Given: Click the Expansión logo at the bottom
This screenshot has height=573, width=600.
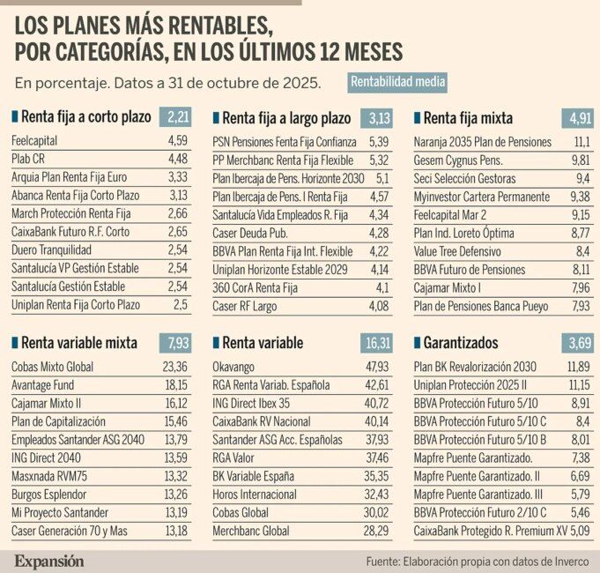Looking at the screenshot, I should tap(49, 561).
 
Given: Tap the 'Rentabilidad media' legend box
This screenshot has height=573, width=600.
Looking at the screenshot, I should tap(397, 82).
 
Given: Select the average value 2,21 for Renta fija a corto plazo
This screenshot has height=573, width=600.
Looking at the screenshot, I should tap(178, 116).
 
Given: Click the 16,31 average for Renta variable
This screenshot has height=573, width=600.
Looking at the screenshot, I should tap(380, 342).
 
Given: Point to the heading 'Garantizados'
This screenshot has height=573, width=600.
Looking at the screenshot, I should tap(460, 343).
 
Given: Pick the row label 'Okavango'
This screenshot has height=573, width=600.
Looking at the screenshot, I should tap(235, 367).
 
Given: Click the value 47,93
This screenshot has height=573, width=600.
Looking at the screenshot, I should tap(375, 367).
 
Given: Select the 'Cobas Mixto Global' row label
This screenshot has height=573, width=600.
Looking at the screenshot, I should tap(52, 367).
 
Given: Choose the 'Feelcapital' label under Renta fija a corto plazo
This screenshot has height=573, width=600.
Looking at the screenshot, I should tap(35, 141).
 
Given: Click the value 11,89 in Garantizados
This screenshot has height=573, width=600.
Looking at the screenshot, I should tap(573, 367).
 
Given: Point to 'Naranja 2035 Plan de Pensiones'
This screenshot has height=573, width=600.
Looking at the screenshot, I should tap(482, 142).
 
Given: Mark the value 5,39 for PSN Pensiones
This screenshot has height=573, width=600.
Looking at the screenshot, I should tap(377, 142).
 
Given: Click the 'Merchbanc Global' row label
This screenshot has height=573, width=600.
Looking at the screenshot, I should tap(251, 532).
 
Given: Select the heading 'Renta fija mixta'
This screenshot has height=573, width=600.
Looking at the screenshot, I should tap(468, 117).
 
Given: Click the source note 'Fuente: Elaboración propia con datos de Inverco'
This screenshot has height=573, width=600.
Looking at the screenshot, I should tap(476, 561).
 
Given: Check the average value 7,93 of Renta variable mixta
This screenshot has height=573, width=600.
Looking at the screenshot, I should tap(178, 342).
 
